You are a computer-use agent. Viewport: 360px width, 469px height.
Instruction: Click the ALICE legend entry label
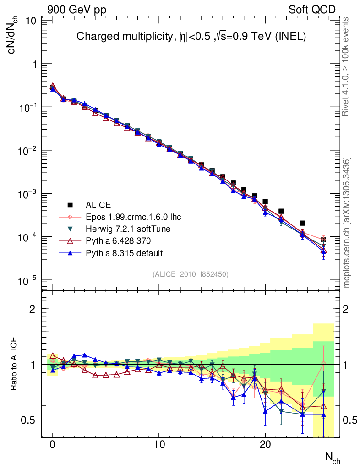98,205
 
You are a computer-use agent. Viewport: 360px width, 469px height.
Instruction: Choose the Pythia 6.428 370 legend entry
119,241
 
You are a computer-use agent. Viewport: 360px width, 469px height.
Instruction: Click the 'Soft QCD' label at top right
312,10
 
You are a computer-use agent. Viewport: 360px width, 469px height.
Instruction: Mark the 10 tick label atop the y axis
31,21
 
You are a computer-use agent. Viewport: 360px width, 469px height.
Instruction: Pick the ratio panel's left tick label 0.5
29,420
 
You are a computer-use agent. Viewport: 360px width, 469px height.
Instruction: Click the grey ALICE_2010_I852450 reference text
191,274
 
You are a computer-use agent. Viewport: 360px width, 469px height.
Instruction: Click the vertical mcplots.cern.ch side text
347,223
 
